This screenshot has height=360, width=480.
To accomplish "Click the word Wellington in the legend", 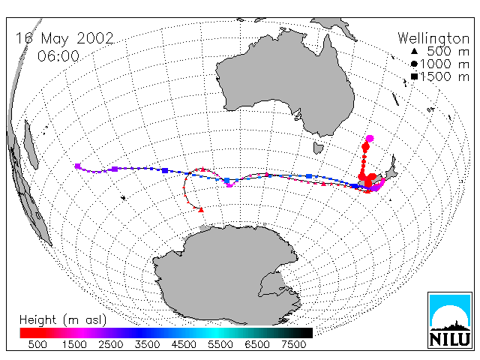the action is pos(433,39).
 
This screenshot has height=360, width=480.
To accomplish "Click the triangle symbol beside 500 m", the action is pos(414,51).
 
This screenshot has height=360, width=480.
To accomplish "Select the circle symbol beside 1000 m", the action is pos(414,64).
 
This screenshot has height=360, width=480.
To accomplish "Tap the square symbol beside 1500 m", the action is pos(415,76).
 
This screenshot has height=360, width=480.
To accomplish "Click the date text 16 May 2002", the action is pos(64,38).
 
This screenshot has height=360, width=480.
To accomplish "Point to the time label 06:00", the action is pos(58,56).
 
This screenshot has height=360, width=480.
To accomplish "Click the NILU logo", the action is pos(450,320).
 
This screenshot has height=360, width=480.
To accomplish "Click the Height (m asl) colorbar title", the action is pos(63,320).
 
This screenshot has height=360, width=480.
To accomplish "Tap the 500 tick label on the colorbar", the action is pos(37,344).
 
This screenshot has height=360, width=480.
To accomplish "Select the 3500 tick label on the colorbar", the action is pos(147,344).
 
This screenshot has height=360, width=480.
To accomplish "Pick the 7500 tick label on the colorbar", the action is pos(293,344).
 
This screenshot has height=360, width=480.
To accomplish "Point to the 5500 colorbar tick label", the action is pos(220,344).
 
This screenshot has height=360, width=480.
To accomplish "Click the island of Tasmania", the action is pos(318,148).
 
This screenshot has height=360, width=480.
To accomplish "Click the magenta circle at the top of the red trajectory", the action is pos(370,138).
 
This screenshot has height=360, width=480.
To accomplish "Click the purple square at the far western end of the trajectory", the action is pos(78,166).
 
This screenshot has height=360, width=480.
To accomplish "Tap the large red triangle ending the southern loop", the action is pos(201,210).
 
